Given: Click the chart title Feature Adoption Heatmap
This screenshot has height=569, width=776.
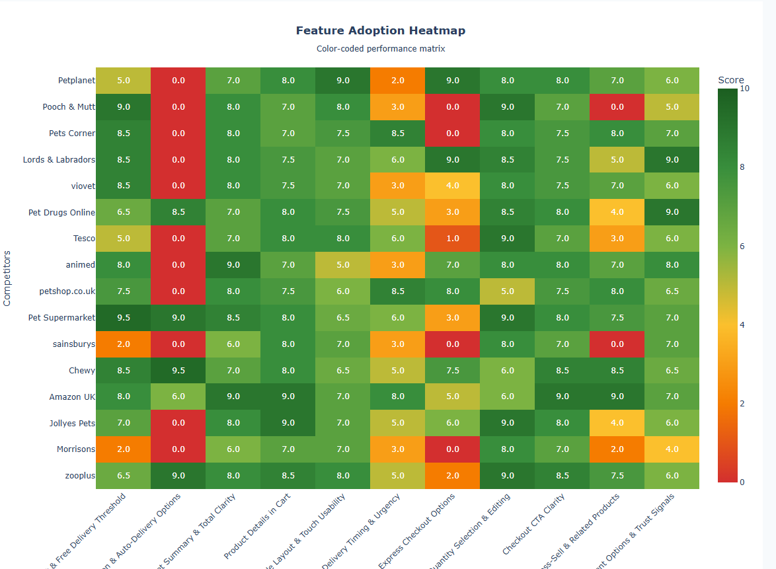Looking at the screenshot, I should click(x=380, y=31).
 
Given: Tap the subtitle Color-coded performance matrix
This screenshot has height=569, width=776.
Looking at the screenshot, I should click(x=380, y=49).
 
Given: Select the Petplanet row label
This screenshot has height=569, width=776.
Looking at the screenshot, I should click(x=76, y=81).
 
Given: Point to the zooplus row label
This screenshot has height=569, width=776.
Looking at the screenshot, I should click(x=80, y=476).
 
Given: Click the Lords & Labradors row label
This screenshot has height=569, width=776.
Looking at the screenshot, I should click(x=59, y=160).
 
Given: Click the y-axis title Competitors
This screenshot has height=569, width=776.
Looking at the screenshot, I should click(x=7, y=278).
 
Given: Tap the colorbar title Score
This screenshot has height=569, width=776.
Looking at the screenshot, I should click(x=730, y=80).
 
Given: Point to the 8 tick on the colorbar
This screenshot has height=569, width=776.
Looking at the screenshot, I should click(x=742, y=167).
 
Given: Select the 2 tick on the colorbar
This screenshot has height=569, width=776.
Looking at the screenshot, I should click(x=742, y=403).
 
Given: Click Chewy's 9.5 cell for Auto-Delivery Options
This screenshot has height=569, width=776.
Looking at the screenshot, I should click(x=178, y=371).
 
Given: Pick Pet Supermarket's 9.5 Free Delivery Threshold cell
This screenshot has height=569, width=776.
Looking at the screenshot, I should click(x=123, y=318).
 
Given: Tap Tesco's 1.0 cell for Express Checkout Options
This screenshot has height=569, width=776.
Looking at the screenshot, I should click(x=452, y=239).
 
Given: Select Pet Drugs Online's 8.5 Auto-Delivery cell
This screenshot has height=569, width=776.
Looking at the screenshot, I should click(x=178, y=212).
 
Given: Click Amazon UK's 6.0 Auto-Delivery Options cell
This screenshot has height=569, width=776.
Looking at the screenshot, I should click(x=178, y=397).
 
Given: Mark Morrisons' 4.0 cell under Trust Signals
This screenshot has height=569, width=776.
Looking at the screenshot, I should click(x=672, y=449).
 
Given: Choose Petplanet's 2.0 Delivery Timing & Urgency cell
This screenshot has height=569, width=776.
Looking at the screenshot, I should click(x=397, y=81).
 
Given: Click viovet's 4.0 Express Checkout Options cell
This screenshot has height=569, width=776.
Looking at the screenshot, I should click(x=452, y=186).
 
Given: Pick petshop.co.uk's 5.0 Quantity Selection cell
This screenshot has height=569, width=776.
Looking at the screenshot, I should click(x=507, y=291).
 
